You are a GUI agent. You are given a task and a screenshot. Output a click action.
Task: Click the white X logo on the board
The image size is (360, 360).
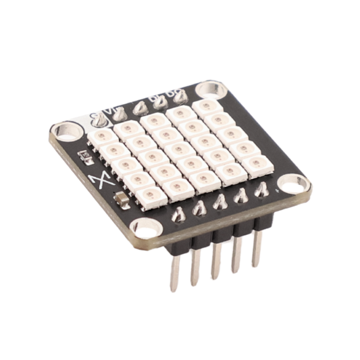pyautogui.click(x=99, y=180)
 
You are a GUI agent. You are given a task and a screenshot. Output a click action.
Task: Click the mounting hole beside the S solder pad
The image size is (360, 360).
pyautogui.click(x=66, y=130)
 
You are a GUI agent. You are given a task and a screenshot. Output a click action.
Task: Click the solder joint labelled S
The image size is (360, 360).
pyautogui.click(x=100, y=120)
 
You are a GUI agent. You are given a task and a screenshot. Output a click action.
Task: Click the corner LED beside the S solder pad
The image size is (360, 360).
pyautogui.click(x=100, y=138)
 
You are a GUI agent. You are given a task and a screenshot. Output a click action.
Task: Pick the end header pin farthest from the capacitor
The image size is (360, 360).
pyautogui.click(x=257, y=247)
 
